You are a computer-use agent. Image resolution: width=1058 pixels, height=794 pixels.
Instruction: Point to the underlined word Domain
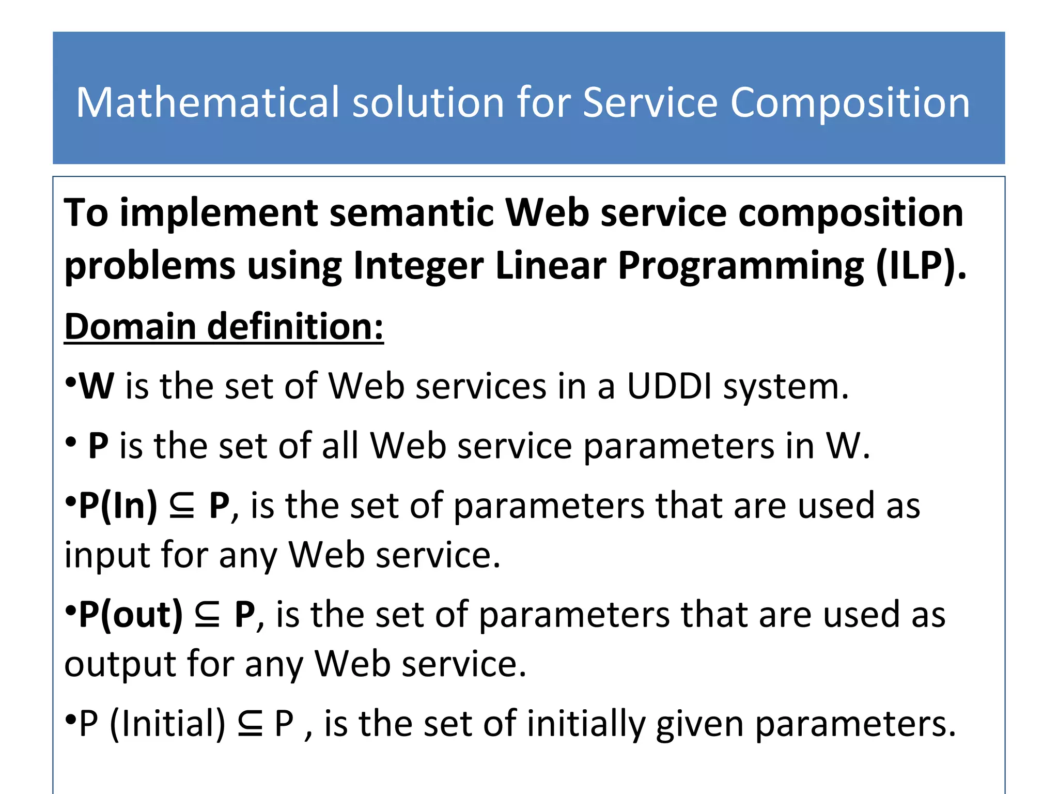click(130, 327)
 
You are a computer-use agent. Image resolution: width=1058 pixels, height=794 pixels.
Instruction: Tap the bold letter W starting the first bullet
click(97, 386)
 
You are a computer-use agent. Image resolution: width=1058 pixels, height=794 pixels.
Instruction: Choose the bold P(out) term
click(131, 615)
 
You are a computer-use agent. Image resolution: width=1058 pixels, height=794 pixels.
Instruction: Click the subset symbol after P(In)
click(182, 507)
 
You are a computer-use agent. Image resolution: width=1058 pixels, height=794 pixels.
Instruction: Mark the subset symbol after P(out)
click(208, 616)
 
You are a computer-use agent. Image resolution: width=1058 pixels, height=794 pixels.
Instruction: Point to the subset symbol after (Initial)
click(250, 724)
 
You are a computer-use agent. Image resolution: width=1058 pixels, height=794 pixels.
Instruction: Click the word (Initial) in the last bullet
click(168, 724)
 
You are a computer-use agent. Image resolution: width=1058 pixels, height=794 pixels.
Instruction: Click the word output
click(119, 664)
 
